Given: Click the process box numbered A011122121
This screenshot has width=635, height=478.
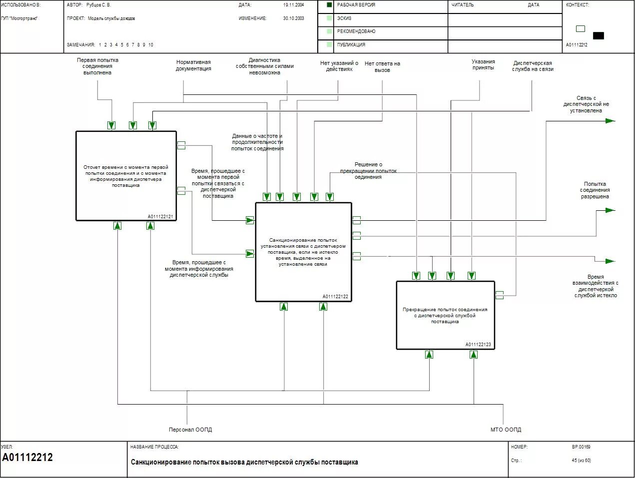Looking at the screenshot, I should pyautogui.click(x=126, y=175).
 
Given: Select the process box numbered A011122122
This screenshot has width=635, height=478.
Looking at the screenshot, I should pyautogui.click(x=303, y=252).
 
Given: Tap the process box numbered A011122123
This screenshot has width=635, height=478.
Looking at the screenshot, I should pyautogui.click(x=445, y=315).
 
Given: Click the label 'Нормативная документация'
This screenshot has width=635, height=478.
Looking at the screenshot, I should pyautogui.click(x=193, y=65).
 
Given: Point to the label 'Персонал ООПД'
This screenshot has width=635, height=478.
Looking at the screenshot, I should pyautogui.click(x=190, y=430).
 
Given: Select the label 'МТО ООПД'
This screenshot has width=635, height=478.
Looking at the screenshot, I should pyautogui.click(x=506, y=430).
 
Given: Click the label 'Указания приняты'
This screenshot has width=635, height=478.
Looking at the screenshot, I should pyautogui.click(x=483, y=65).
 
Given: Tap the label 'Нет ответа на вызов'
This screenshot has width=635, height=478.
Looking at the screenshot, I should pyautogui.click(x=382, y=67).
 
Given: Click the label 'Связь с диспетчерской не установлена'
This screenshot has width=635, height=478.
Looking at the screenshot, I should pyautogui.click(x=586, y=104).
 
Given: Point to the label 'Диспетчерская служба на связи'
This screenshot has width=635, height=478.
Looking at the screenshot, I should pyautogui.click(x=533, y=66).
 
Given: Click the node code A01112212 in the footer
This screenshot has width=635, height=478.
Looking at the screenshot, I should pyautogui.click(x=27, y=458).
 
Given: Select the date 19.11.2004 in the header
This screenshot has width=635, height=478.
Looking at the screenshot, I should pyautogui.click(x=293, y=5).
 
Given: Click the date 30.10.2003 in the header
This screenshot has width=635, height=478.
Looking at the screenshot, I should pyautogui.click(x=293, y=18).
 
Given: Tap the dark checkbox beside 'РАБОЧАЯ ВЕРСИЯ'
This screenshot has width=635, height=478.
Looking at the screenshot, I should pyautogui.click(x=329, y=5).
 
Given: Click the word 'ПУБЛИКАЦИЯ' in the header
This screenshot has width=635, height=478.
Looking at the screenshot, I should pyautogui.click(x=351, y=45).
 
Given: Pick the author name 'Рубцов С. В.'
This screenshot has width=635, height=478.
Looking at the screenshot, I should pyautogui.click(x=98, y=5).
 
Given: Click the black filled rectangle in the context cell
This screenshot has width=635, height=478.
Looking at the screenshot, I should pyautogui.click(x=598, y=35).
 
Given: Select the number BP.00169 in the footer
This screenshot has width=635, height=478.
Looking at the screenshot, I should pyautogui.click(x=581, y=447).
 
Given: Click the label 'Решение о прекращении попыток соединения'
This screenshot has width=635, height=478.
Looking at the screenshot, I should pyautogui.click(x=368, y=170).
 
